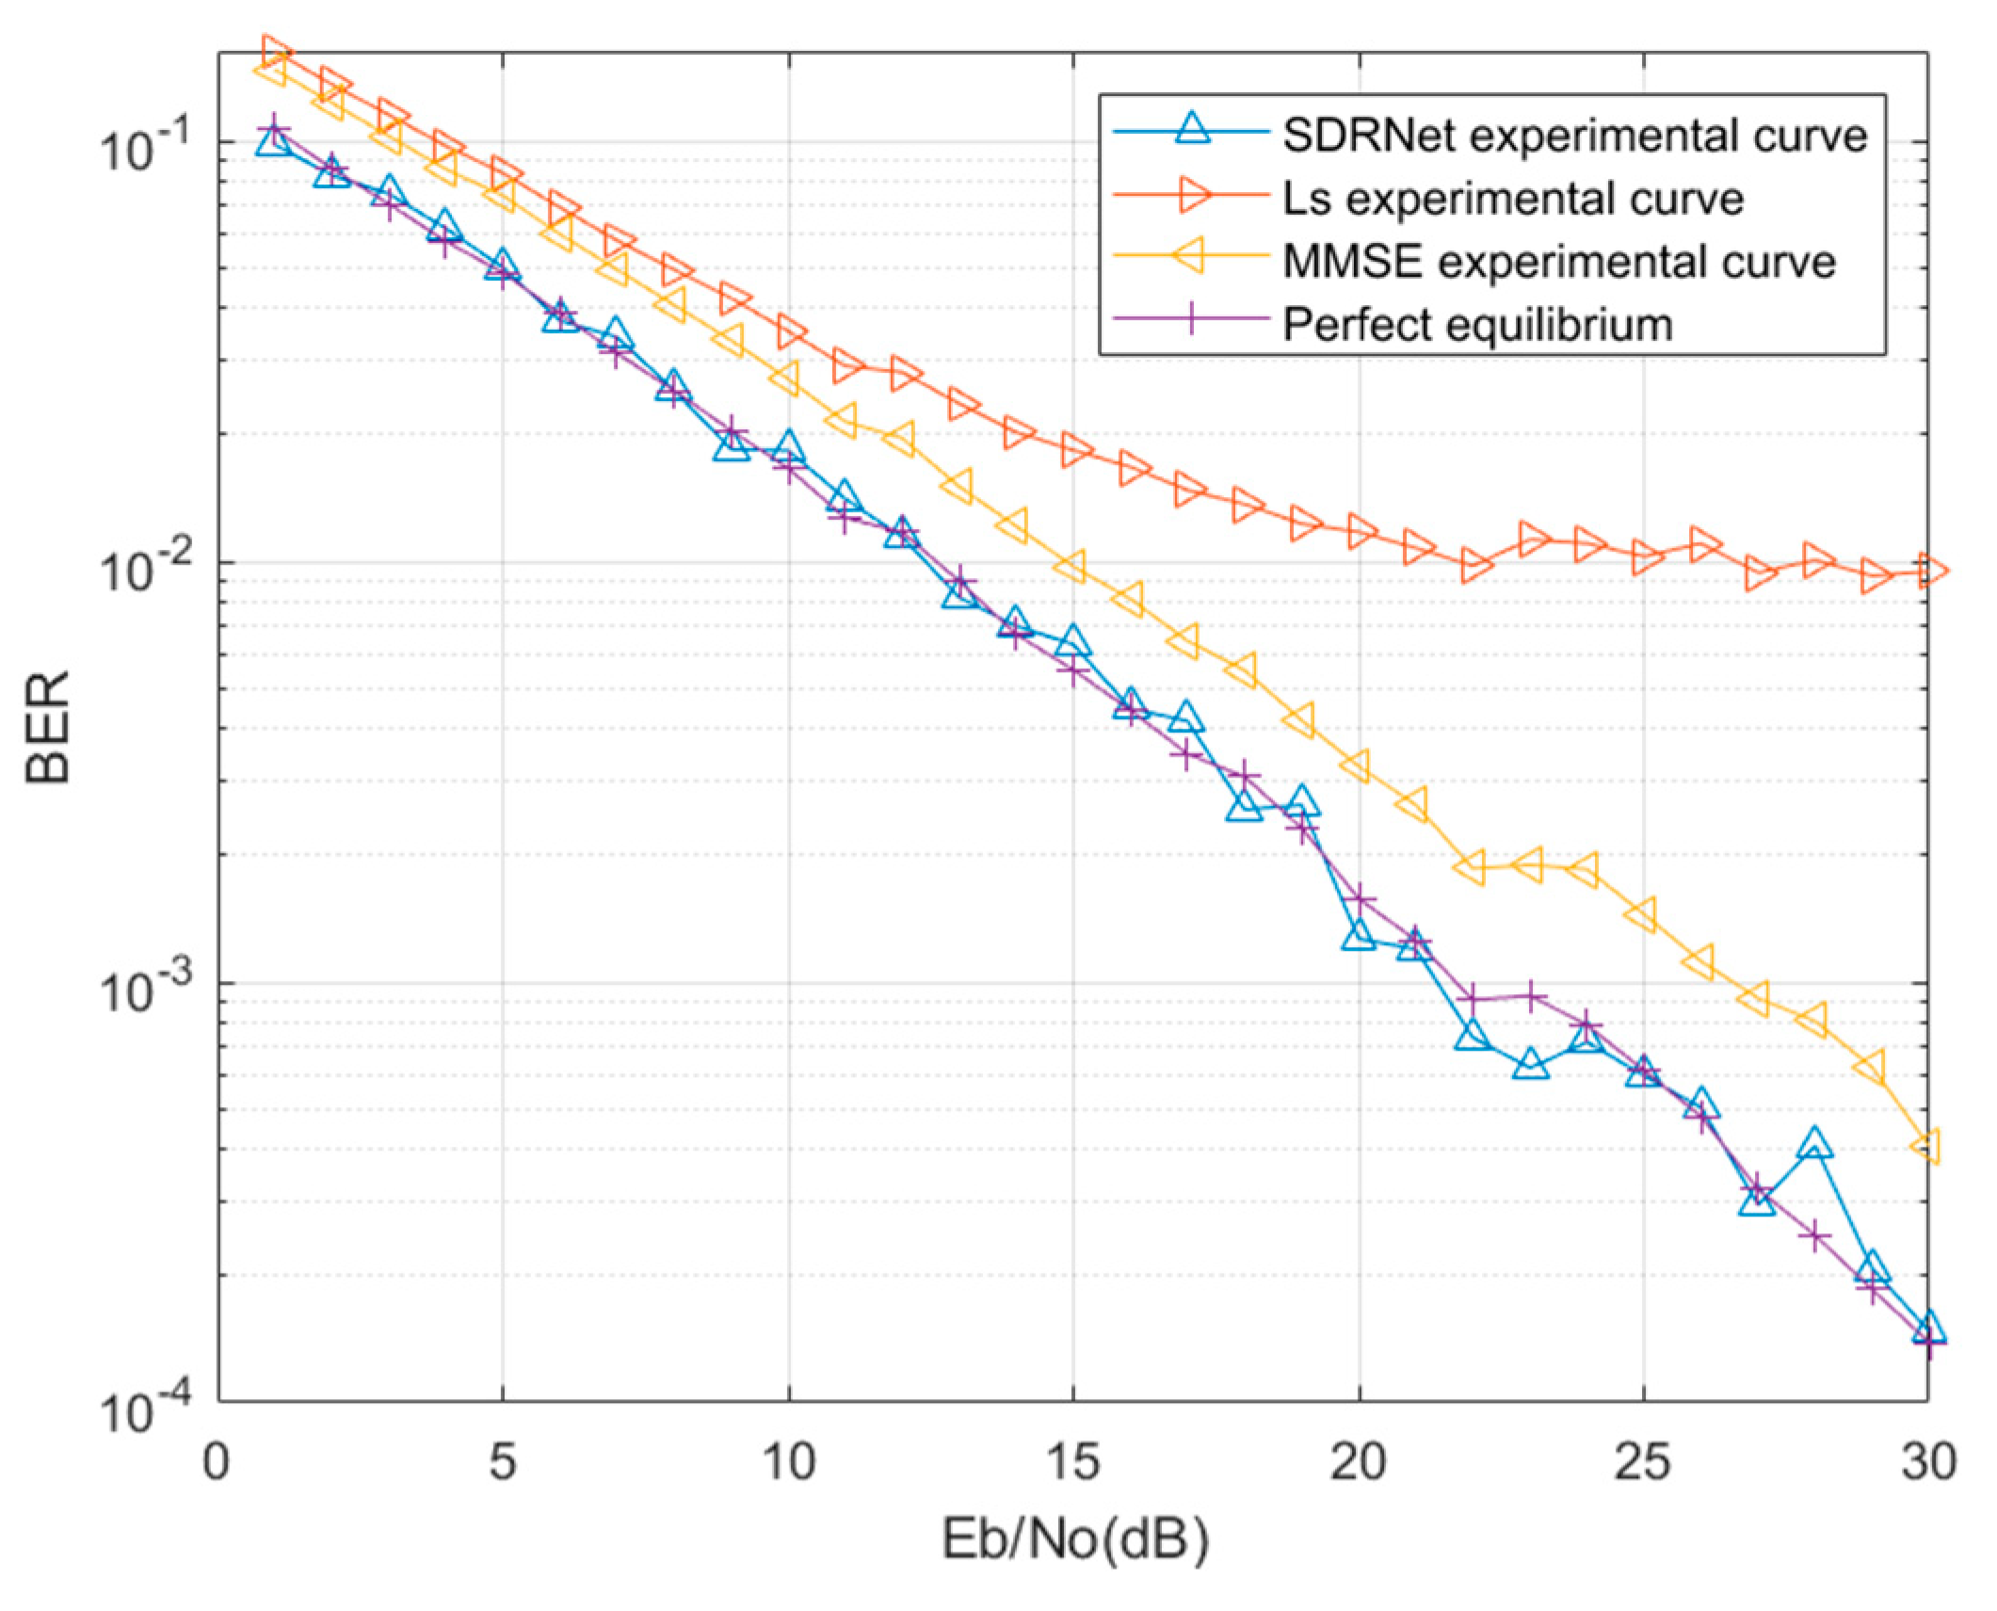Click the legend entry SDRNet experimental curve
click(1573, 137)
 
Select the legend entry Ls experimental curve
click(1512, 199)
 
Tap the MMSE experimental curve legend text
click(1557, 261)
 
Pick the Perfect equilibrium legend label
click(1477, 324)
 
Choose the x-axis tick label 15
click(1073, 1464)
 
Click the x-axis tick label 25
click(1644, 1464)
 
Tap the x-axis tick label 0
click(217, 1464)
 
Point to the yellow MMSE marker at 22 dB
click(1471, 866)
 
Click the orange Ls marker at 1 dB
click(275, 52)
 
